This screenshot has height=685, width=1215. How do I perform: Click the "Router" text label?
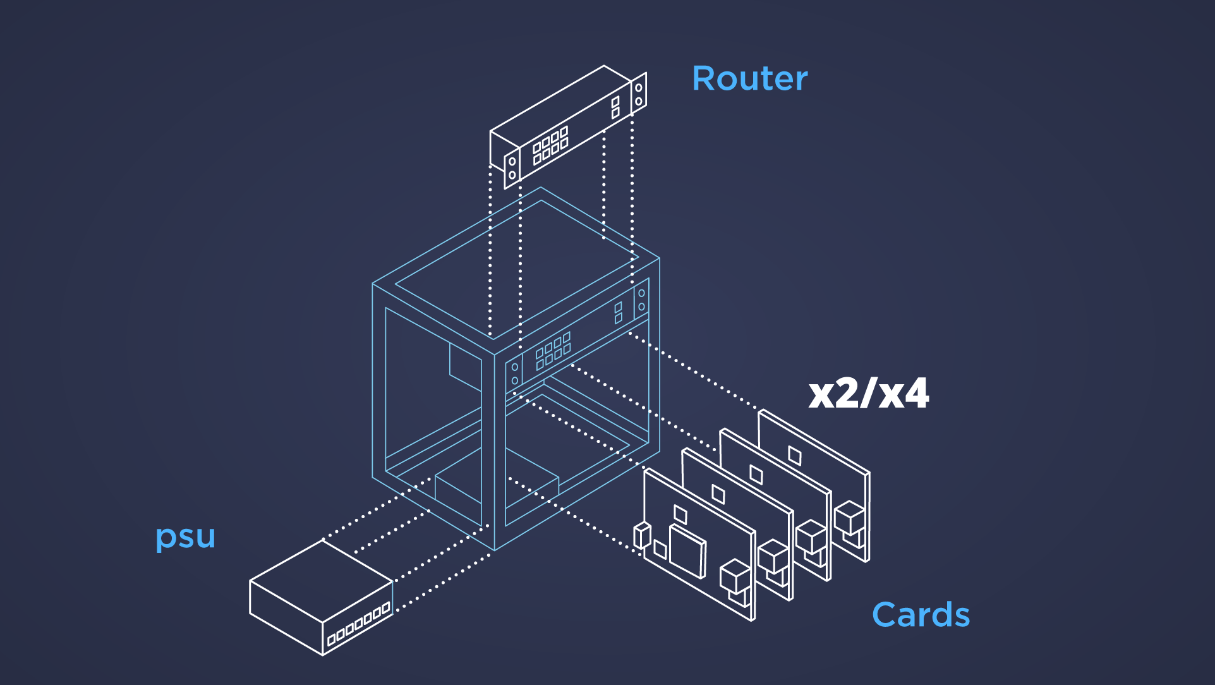pos(750,79)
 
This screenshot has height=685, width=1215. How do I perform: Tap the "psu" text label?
pos(185,537)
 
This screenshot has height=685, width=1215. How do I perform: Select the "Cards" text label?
pos(921,615)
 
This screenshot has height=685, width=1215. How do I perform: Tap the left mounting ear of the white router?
pos(512,168)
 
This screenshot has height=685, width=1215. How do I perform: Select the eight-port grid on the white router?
pos(550,145)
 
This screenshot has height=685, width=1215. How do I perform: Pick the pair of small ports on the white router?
pos(615,107)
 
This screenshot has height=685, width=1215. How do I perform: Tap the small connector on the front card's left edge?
pos(642,535)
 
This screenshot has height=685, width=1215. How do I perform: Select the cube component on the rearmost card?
pos(849,518)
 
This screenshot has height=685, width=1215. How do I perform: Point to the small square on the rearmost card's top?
pos(795,456)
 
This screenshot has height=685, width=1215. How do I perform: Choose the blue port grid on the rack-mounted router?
pos(553,351)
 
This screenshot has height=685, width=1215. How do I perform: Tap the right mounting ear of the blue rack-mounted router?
pos(641,300)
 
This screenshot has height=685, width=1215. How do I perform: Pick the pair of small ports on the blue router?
pos(618,312)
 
